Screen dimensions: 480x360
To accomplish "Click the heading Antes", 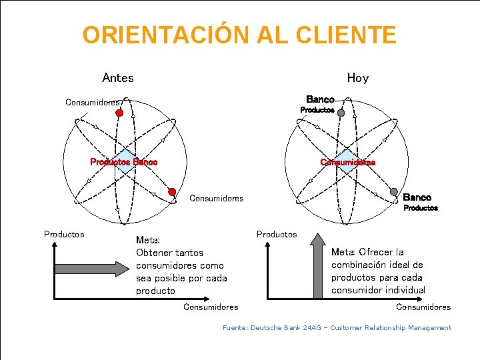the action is pos(118,78).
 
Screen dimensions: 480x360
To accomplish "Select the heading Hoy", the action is pos(357,78).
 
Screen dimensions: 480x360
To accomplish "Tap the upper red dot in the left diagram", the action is pos(119,113).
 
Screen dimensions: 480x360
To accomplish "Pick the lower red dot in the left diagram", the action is pos(171,192).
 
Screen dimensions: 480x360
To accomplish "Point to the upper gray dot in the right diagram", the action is pos(341,113).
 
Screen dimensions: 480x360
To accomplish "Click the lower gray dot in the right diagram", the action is pos(394,192).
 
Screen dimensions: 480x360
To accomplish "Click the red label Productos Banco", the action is pos(124,162).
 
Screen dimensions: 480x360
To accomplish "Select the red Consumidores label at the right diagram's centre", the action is pos(347,162).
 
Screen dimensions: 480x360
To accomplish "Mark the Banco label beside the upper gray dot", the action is pos(320,99).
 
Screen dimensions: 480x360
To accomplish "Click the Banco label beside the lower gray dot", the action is pos(417,197).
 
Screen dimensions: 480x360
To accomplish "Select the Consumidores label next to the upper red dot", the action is pos(93,103).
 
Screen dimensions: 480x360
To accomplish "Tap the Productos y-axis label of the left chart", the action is pos(64,234).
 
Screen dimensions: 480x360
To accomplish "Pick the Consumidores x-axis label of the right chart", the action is pos(423,307).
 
